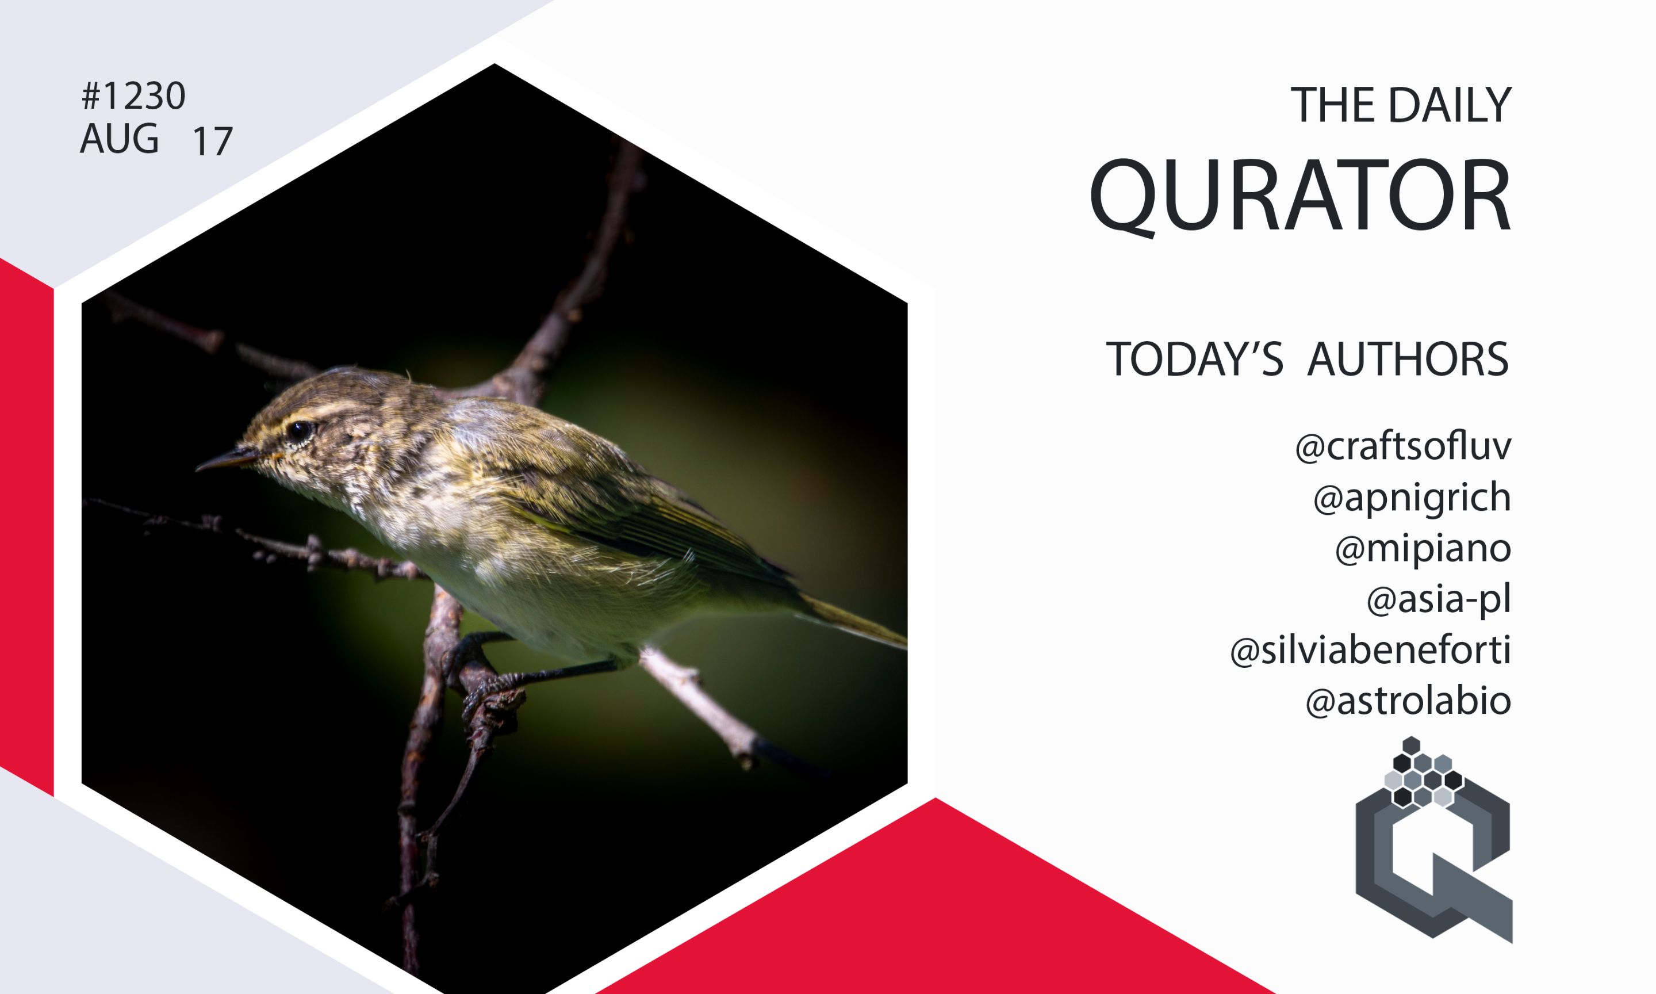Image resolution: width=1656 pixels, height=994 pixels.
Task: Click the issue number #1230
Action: pyautogui.click(x=133, y=97)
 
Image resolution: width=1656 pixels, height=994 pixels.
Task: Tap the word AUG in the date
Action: pyautogui.click(x=119, y=139)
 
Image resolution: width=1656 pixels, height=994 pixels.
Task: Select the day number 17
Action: pyautogui.click(x=212, y=142)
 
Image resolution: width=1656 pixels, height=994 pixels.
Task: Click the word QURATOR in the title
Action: pyautogui.click(x=1300, y=196)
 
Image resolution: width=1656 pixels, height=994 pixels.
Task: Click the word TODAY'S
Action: pyautogui.click(x=1194, y=359)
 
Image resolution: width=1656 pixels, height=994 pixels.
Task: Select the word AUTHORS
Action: pyautogui.click(x=1408, y=360)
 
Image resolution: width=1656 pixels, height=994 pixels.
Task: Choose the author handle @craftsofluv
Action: pyautogui.click(x=1403, y=447)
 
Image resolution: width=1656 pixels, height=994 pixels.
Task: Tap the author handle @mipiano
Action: pyautogui.click(x=1423, y=549)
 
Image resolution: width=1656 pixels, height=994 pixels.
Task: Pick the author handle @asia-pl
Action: pyautogui.click(x=1439, y=599)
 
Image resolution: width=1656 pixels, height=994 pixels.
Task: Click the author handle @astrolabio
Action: pyautogui.click(x=1408, y=701)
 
